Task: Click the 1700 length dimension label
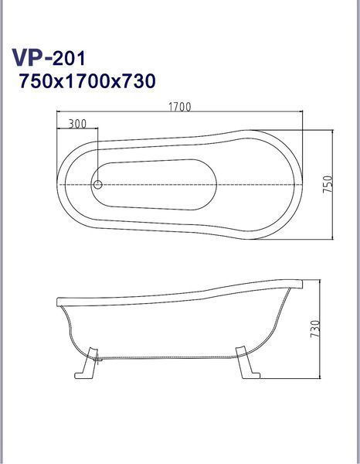click(x=180, y=107)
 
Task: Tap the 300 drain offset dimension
click(x=77, y=124)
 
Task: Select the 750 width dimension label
click(x=328, y=185)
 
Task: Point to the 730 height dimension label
click(x=315, y=329)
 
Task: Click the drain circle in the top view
click(x=98, y=185)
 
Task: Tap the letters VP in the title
click(x=28, y=58)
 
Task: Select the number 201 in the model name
click(x=69, y=58)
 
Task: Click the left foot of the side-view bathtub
click(x=87, y=363)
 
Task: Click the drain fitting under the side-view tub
click(x=98, y=360)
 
